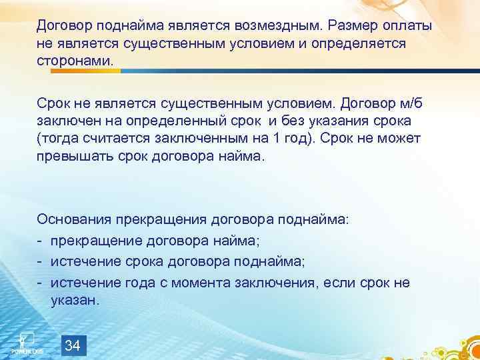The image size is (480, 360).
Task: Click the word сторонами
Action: point(80,61)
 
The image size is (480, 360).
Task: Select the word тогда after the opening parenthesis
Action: point(61,139)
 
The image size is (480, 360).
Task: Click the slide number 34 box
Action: point(74,345)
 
